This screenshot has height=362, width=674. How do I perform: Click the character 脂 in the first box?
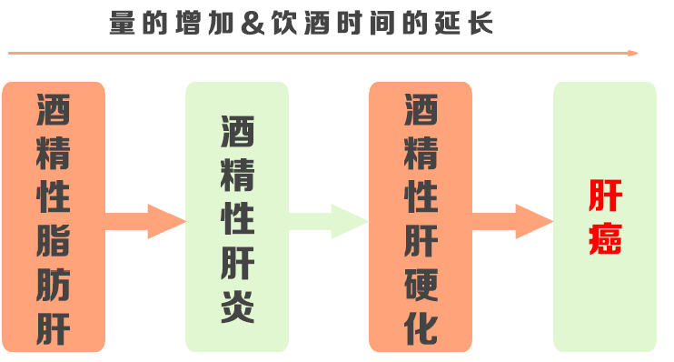pos(55,238)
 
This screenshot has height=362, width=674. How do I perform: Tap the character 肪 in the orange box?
pos(55,283)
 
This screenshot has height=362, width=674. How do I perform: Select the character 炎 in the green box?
pos(238,307)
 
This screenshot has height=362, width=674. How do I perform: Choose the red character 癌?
pos(604,238)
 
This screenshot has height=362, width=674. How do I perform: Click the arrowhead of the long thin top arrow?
pos(633,53)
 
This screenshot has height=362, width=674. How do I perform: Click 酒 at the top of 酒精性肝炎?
pos(238,132)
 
